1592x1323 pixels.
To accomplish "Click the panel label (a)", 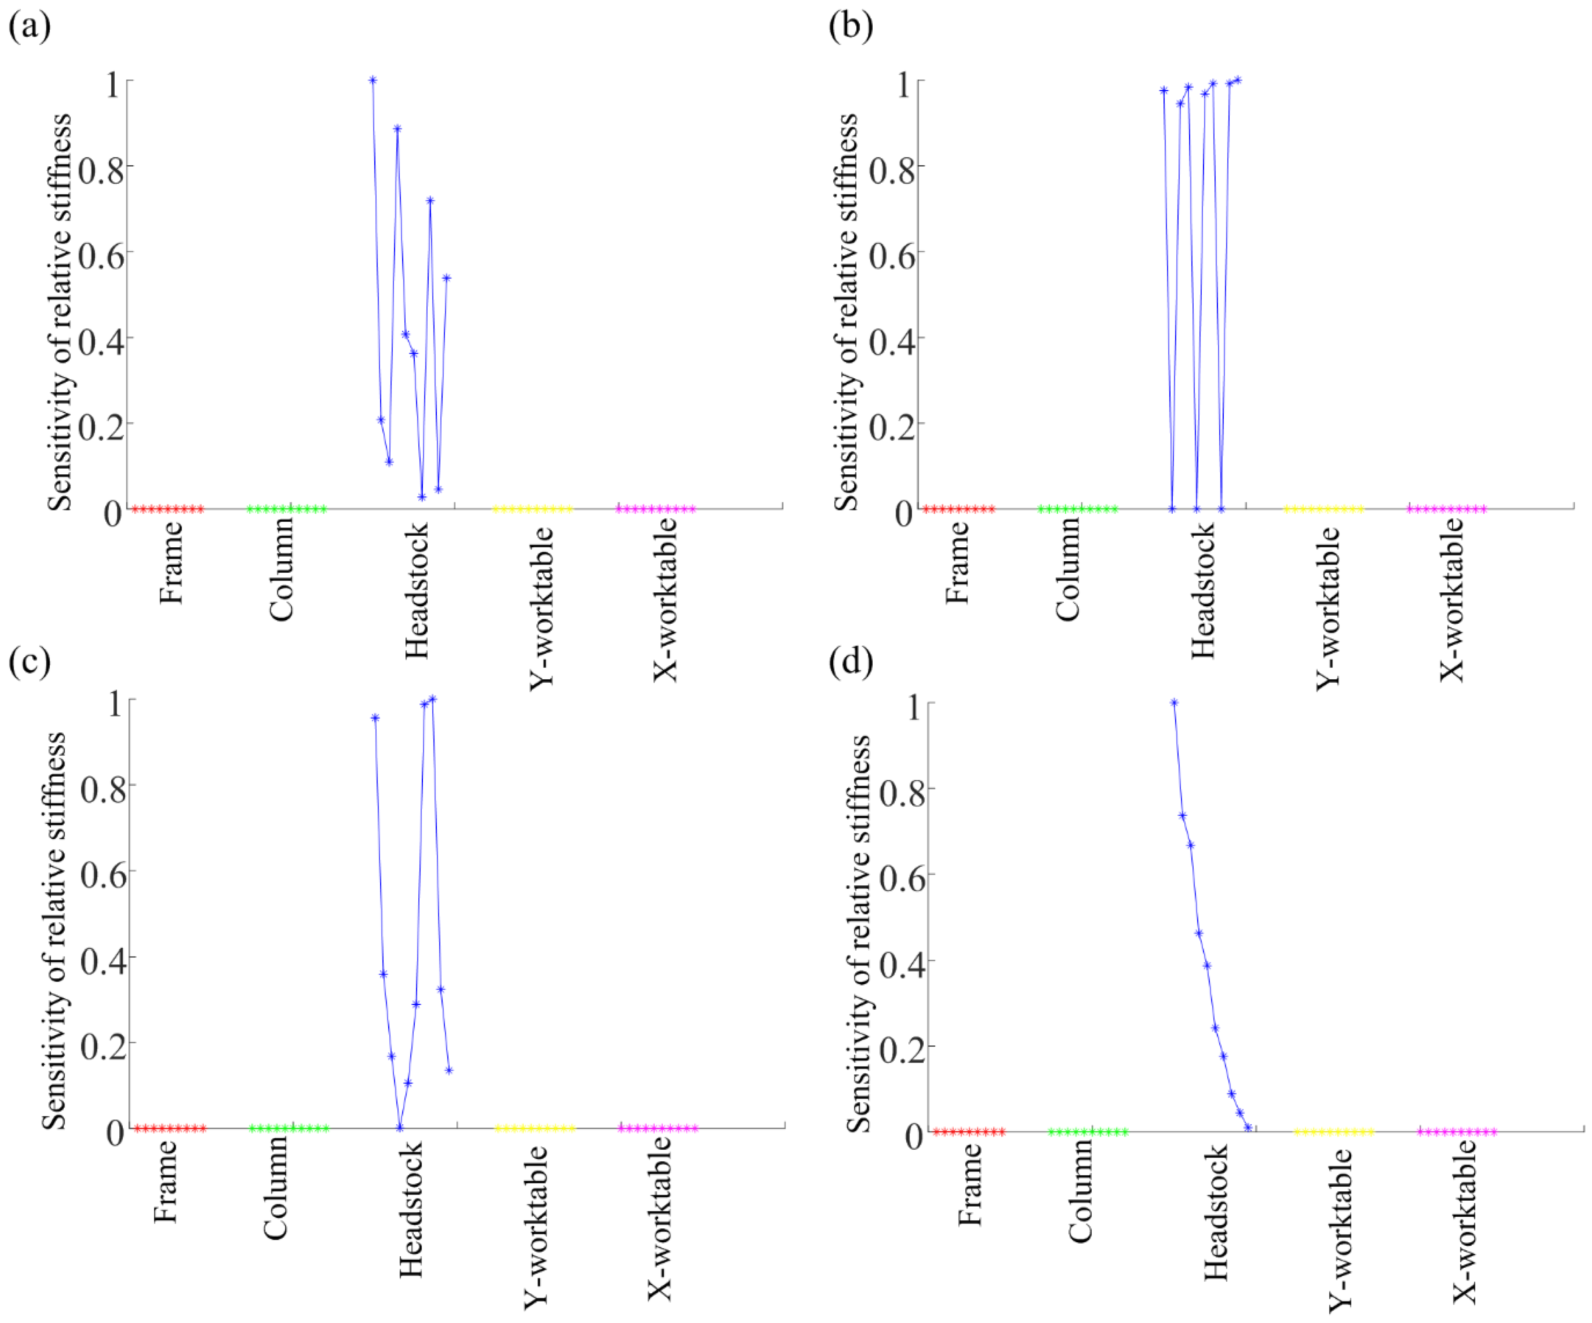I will point(30,27).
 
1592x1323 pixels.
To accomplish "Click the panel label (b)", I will point(851,27).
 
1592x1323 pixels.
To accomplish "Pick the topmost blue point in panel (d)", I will point(1174,703).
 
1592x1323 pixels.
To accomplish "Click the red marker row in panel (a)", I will point(168,509).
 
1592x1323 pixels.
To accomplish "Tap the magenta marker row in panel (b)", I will point(1446,509).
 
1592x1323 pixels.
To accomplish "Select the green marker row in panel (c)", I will point(289,1128).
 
